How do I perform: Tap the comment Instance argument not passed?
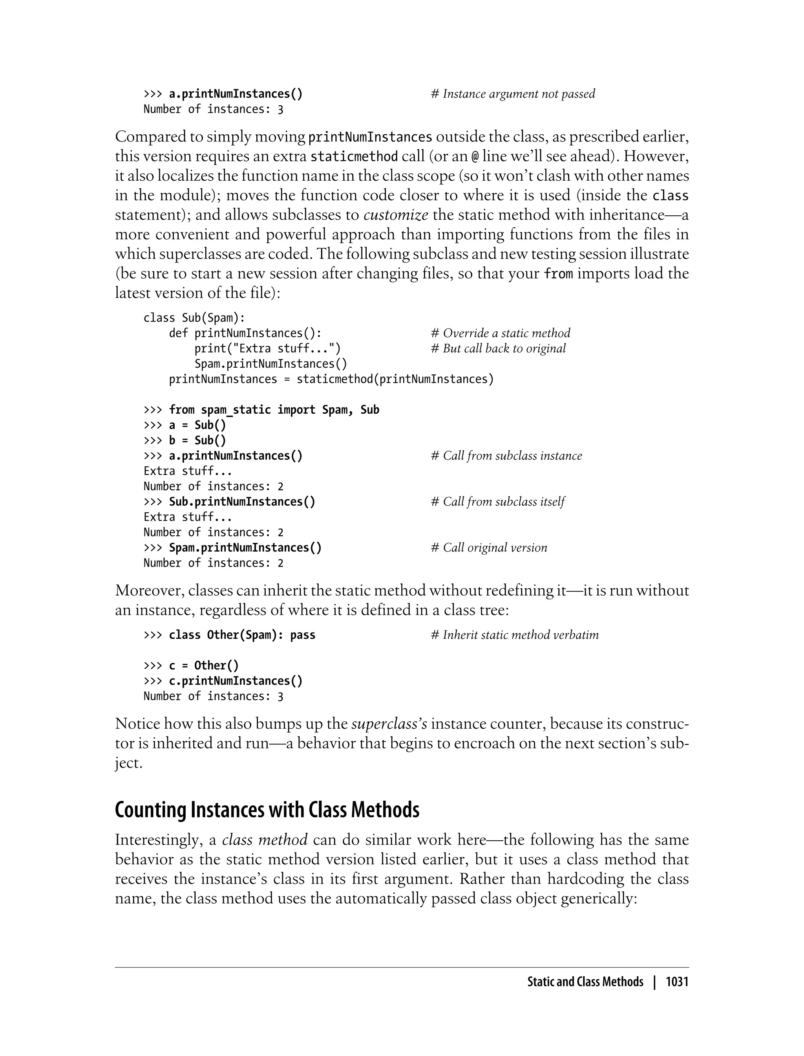pyautogui.click(x=513, y=94)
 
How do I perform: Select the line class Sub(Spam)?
pyautogui.click(x=194, y=318)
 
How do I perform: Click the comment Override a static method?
pyautogui.click(x=501, y=333)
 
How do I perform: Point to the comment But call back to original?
pyautogui.click(x=498, y=348)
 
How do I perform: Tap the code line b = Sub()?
pyautogui.click(x=197, y=441)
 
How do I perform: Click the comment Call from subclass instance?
pyautogui.click(x=506, y=456)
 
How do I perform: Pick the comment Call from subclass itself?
pyautogui.click(x=498, y=502)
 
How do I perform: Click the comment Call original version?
pyautogui.click(x=489, y=548)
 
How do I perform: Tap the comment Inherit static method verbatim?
pyautogui.click(x=514, y=635)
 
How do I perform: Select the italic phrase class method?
pyautogui.click(x=265, y=840)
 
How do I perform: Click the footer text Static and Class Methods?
pyautogui.click(x=585, y=982)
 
